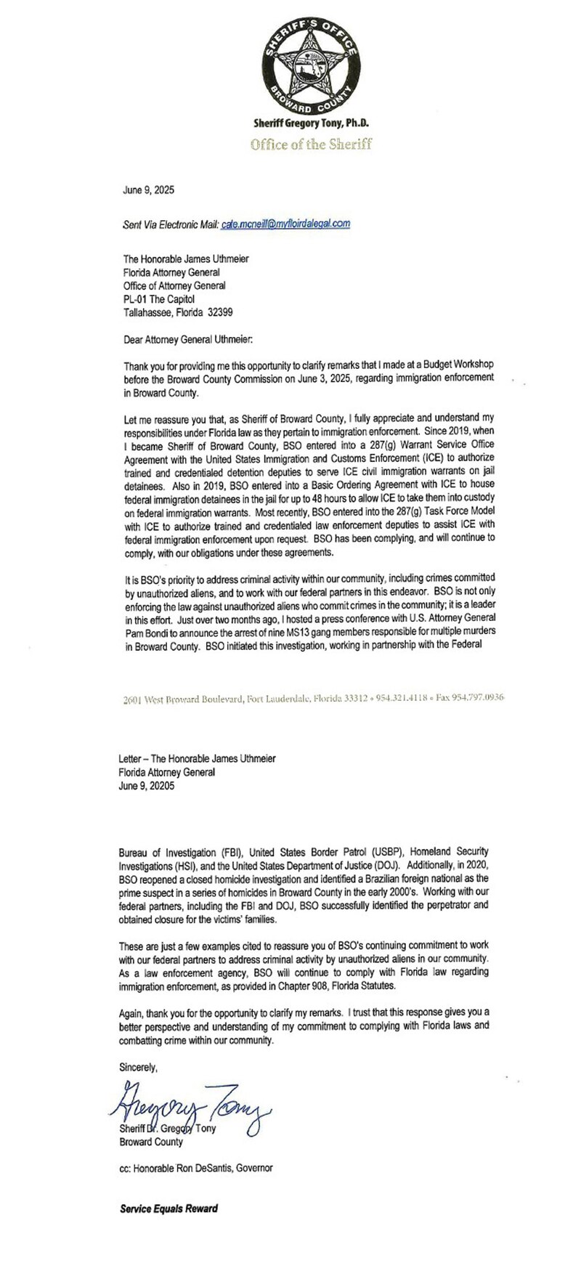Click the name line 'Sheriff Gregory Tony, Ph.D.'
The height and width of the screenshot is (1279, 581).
[311, 126]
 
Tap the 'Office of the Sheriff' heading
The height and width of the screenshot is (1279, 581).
[311, 144]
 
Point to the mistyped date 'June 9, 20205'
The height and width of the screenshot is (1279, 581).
[147, 786]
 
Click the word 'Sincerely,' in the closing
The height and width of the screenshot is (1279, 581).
[138, 1067]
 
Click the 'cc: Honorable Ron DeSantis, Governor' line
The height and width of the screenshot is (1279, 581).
[196, 1168]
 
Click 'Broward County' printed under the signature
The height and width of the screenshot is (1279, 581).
[150, 1142]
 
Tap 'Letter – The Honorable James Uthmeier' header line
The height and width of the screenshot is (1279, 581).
[198, 758]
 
